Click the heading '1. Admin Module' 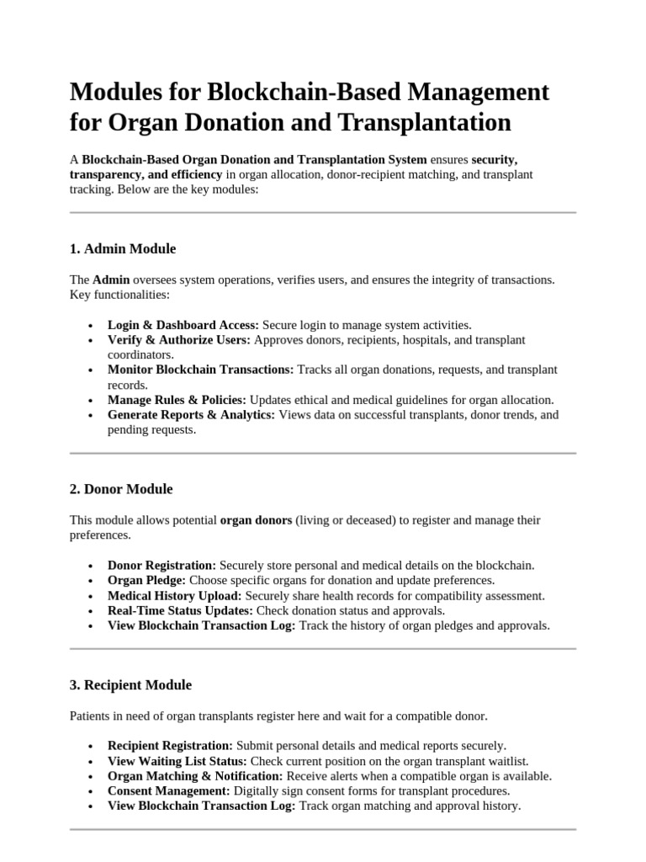(x=123, y=248)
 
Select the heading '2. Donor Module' (x=121, y=489)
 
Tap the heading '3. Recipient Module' (x=130, y=685)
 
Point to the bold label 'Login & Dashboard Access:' (x=183, y=325)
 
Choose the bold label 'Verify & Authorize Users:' (x=179, y=340)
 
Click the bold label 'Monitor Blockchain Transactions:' (x=201, y=370)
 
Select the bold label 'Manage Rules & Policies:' (x=177, y=400)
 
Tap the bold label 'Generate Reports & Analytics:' (x=191, y=415)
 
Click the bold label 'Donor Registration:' (x=161, y=566)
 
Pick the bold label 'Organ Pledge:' (x=146, y=581)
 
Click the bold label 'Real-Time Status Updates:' (x=180, y=611)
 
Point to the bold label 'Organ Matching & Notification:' (x=195, y=776)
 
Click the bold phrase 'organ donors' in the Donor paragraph (x=256, y=520)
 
